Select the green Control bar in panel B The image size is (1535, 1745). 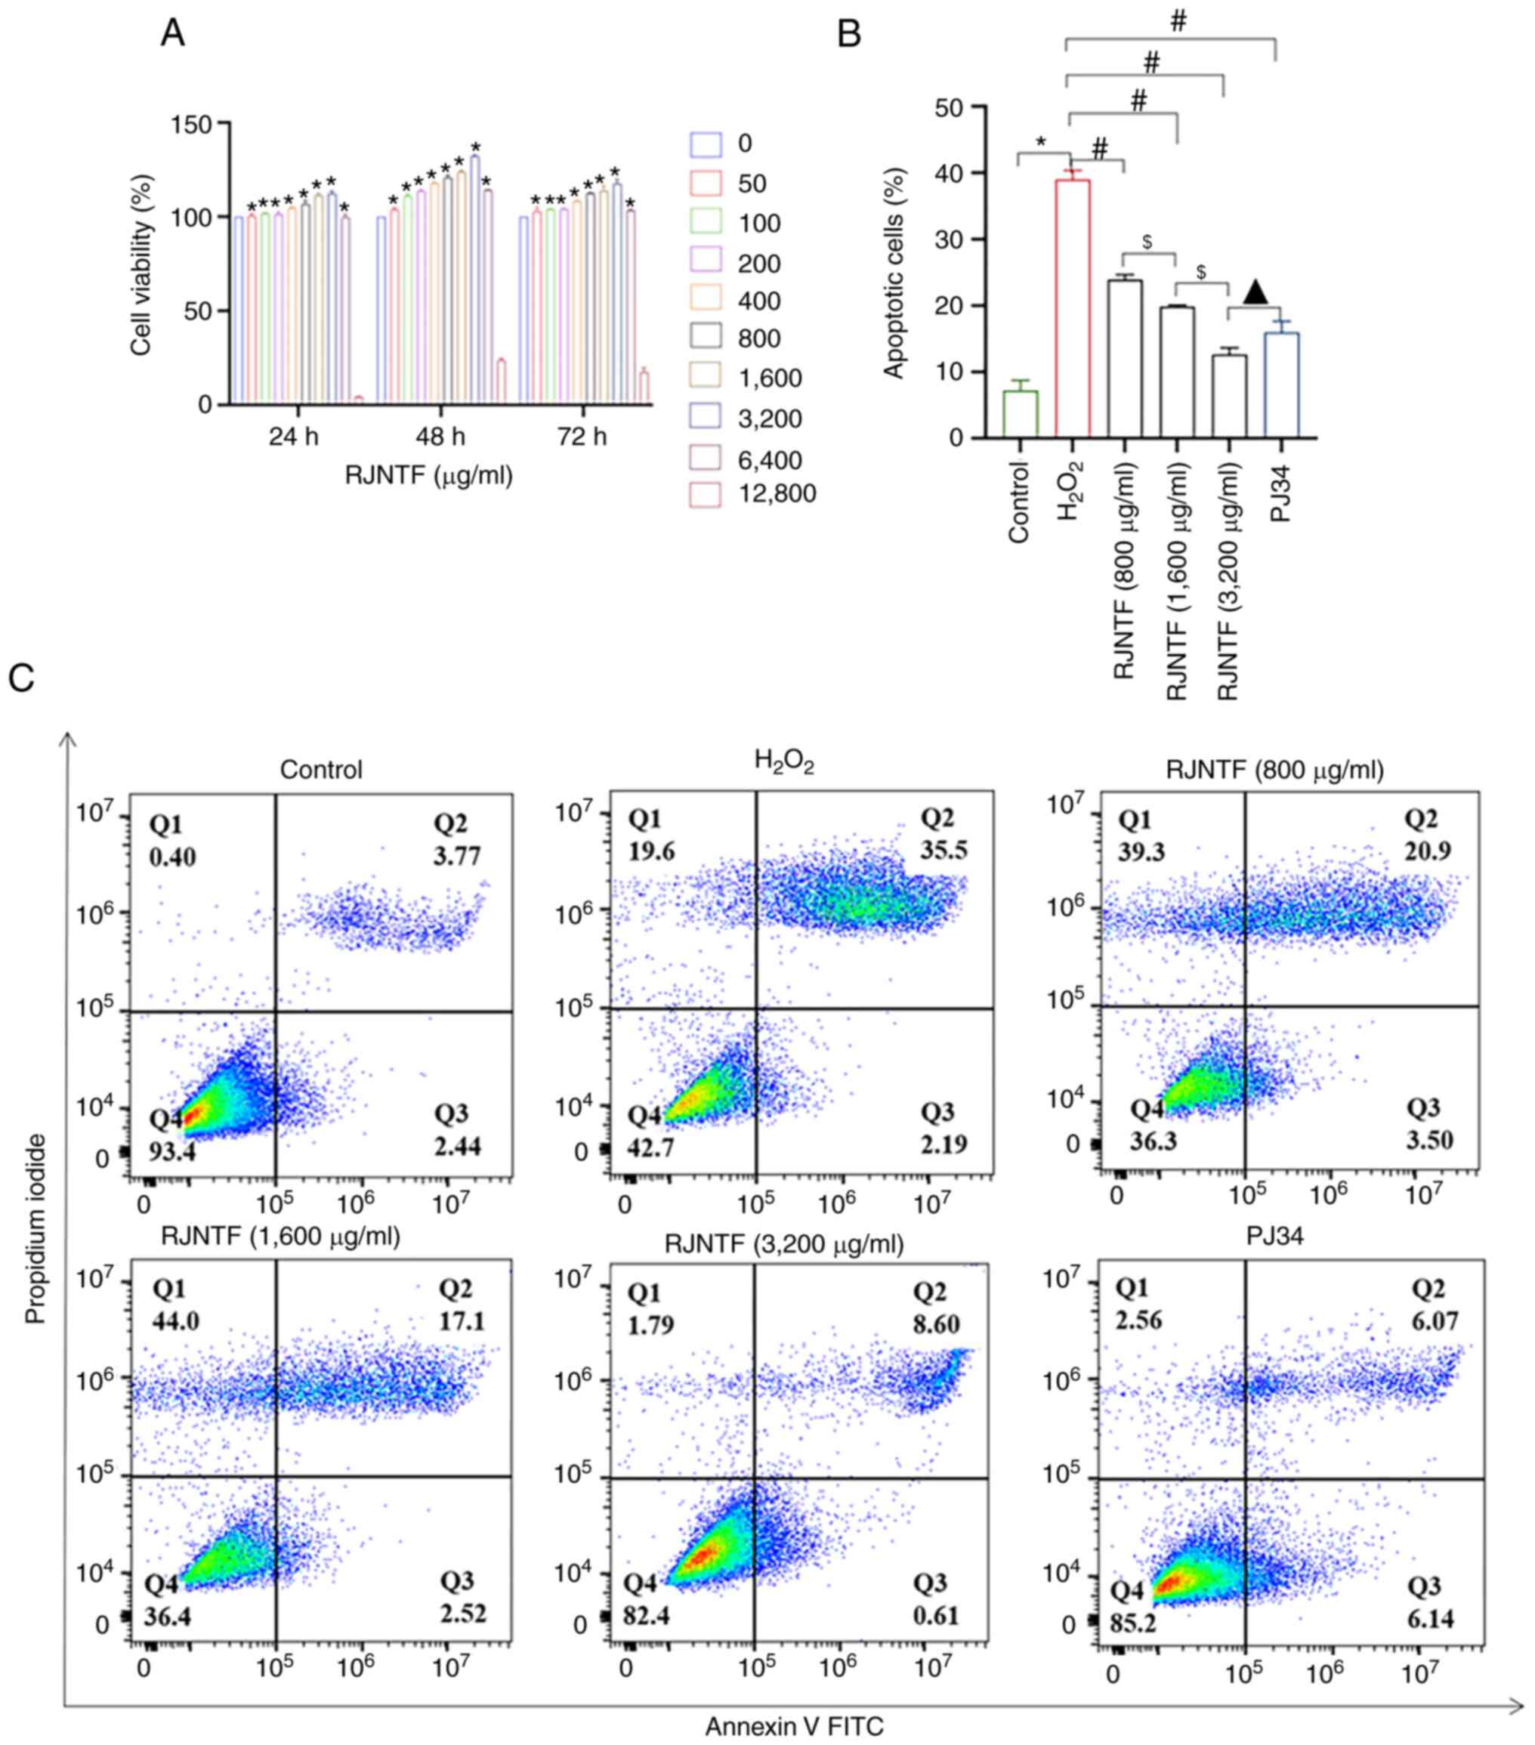[x=1021, y=414]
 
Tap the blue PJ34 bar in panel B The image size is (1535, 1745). [x=1281, y=385]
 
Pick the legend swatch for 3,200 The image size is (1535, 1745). [x=704, y=418]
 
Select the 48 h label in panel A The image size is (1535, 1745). [x=440, y=437]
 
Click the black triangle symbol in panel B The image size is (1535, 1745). [x=1255, y=292]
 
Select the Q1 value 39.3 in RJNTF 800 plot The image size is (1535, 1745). [x=1141, y=851]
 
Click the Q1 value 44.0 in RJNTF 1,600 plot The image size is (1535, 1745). [x=175, y=1320]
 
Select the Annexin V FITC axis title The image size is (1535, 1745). [x=794, y=1726]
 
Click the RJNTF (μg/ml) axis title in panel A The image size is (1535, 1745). [x=428, y=474]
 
